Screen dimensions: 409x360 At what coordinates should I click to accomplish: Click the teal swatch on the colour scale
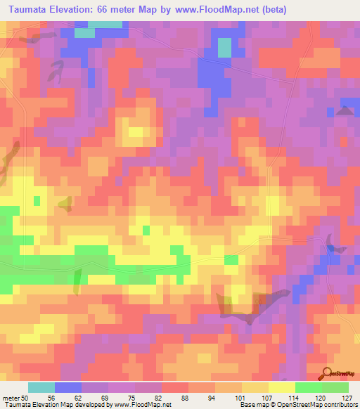point(41,387)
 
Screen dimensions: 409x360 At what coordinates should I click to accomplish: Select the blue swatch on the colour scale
point(68,387)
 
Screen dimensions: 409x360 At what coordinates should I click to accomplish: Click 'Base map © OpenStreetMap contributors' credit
point(298,405)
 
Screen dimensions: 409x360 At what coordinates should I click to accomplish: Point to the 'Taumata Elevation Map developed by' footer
point(53,405)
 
